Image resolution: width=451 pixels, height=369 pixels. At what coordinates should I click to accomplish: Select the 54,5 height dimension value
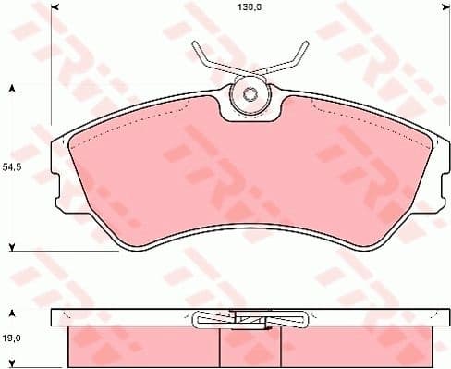12,167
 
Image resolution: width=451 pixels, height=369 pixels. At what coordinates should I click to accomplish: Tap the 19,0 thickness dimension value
12,338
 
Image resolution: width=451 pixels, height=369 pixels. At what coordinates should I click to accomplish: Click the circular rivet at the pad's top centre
250,93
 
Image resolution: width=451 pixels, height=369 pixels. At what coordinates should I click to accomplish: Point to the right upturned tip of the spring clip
301,47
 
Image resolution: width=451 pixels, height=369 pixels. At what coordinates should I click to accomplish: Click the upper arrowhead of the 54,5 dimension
12,89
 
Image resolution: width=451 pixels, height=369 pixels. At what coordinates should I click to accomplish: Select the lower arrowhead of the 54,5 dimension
12,246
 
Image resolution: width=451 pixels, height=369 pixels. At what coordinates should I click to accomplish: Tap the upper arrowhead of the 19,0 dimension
12,312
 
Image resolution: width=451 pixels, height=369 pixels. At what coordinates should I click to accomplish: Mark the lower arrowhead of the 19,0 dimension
12,364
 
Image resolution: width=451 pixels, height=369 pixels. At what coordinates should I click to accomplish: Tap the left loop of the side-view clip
202,320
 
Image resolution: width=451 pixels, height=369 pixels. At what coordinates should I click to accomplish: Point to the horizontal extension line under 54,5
65,251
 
